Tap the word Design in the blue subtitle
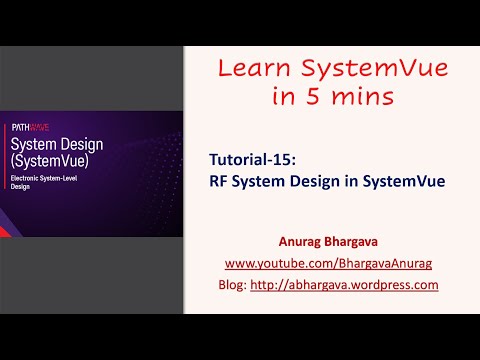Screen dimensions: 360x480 (x=316, y=182)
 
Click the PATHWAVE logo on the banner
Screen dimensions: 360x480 (x=25, y=127)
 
